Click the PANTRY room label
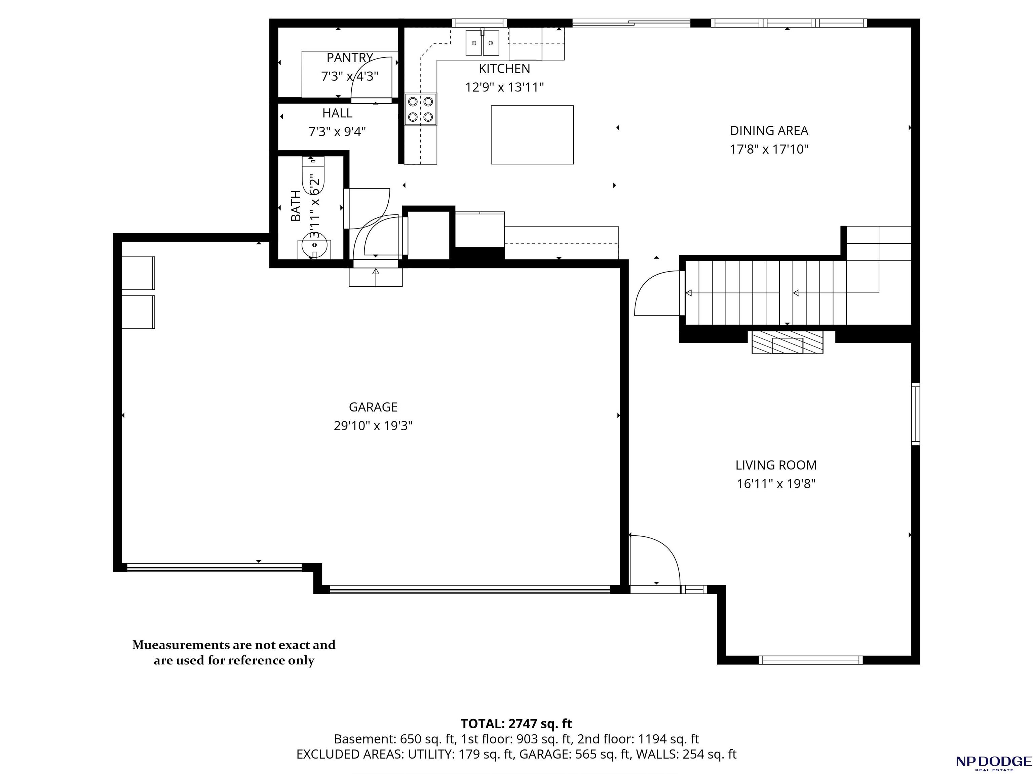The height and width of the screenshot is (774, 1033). click(350, 58)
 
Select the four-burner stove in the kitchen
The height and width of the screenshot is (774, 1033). click(420, 109)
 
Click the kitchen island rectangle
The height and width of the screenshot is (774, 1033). click(532, 134)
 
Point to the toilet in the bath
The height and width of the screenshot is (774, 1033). click(313, 175)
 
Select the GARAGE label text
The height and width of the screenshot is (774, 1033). click(373, 407)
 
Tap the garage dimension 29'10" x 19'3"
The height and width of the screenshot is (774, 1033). click(373, 426)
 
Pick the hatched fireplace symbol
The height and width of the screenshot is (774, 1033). click(787, 342)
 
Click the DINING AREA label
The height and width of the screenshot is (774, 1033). click(769, 130)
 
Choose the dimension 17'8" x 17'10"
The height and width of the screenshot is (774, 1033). click(769, 149)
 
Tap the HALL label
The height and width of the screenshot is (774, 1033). click(337, 113)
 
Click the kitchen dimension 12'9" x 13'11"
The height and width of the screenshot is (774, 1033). click(505, 87)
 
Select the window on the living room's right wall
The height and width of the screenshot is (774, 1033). click(916, 414)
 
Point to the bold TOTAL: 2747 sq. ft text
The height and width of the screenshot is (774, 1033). click(516, 724)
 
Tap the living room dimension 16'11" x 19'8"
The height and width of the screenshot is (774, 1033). click(776, 484)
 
